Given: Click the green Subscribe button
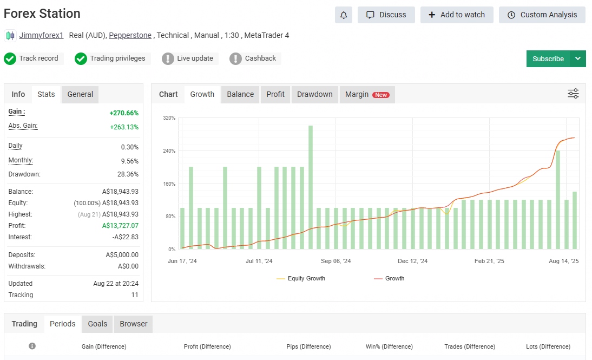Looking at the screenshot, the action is point(548,58).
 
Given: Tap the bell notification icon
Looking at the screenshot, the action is point(344,15).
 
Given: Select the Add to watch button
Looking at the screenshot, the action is point(457,15).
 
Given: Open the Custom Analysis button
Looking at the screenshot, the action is point(542,15).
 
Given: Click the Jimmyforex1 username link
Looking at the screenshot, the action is point(41,35).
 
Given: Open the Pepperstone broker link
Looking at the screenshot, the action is point(130,35).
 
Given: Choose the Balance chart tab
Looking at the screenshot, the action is point(240,94).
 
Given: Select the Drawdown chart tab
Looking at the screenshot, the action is point(314,94).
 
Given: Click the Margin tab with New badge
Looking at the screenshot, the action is point(367,94).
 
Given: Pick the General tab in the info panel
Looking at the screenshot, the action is point(80,94).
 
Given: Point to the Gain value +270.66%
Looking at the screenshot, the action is point(124,113).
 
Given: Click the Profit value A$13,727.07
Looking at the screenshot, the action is point(120,226).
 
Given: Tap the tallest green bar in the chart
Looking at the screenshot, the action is point(311,187).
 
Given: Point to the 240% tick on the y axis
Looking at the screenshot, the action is point(169,150).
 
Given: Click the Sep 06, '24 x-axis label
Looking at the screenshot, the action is point(336,261).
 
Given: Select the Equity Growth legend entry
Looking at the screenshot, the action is point(301,278).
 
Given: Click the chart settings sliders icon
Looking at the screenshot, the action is point(573,93).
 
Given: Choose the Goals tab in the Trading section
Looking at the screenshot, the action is point(97,324).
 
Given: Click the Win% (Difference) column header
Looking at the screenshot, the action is point(389,346).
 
